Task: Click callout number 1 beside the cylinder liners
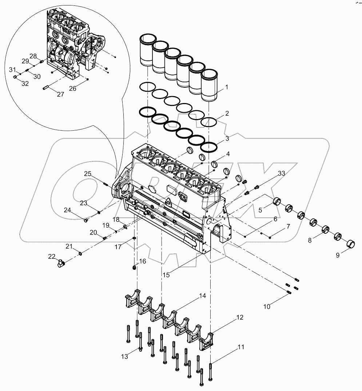[226, 87]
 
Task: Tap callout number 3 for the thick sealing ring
[227, 138]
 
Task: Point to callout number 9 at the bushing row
[337, 255]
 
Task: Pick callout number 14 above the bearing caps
[202, 296]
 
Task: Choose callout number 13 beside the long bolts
[125, 357]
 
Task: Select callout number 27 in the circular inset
[60, 94]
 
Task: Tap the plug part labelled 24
[87, 220]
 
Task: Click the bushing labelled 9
[351, 243]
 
